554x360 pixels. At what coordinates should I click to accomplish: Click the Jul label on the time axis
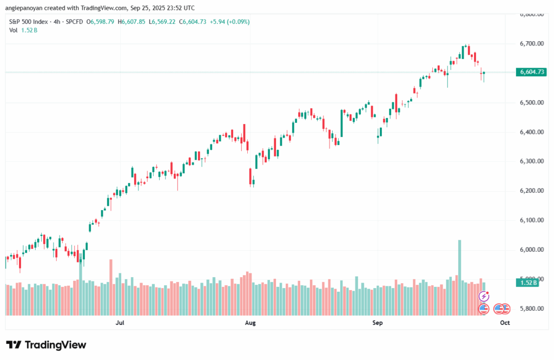pyautogui.click(x=121, y=323)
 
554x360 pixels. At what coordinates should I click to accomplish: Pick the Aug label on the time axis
pyautogui.click(x=250, y=323)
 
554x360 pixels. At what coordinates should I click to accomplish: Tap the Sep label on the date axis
pyautogui.click(x=378, y=323)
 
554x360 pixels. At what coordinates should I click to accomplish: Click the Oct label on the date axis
pyautogui.click(x=505, y=323)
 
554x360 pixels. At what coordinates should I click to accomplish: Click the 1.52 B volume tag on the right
pyautogui.click(x=527, y=283)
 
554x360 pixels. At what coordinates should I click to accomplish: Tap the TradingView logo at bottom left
pyautogui.click(x=46, y=345)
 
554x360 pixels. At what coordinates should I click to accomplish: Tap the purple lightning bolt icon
pyautogui.click(x=484, y=296)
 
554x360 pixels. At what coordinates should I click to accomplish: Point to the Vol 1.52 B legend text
pyautogui.click(x=23, y=30)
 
